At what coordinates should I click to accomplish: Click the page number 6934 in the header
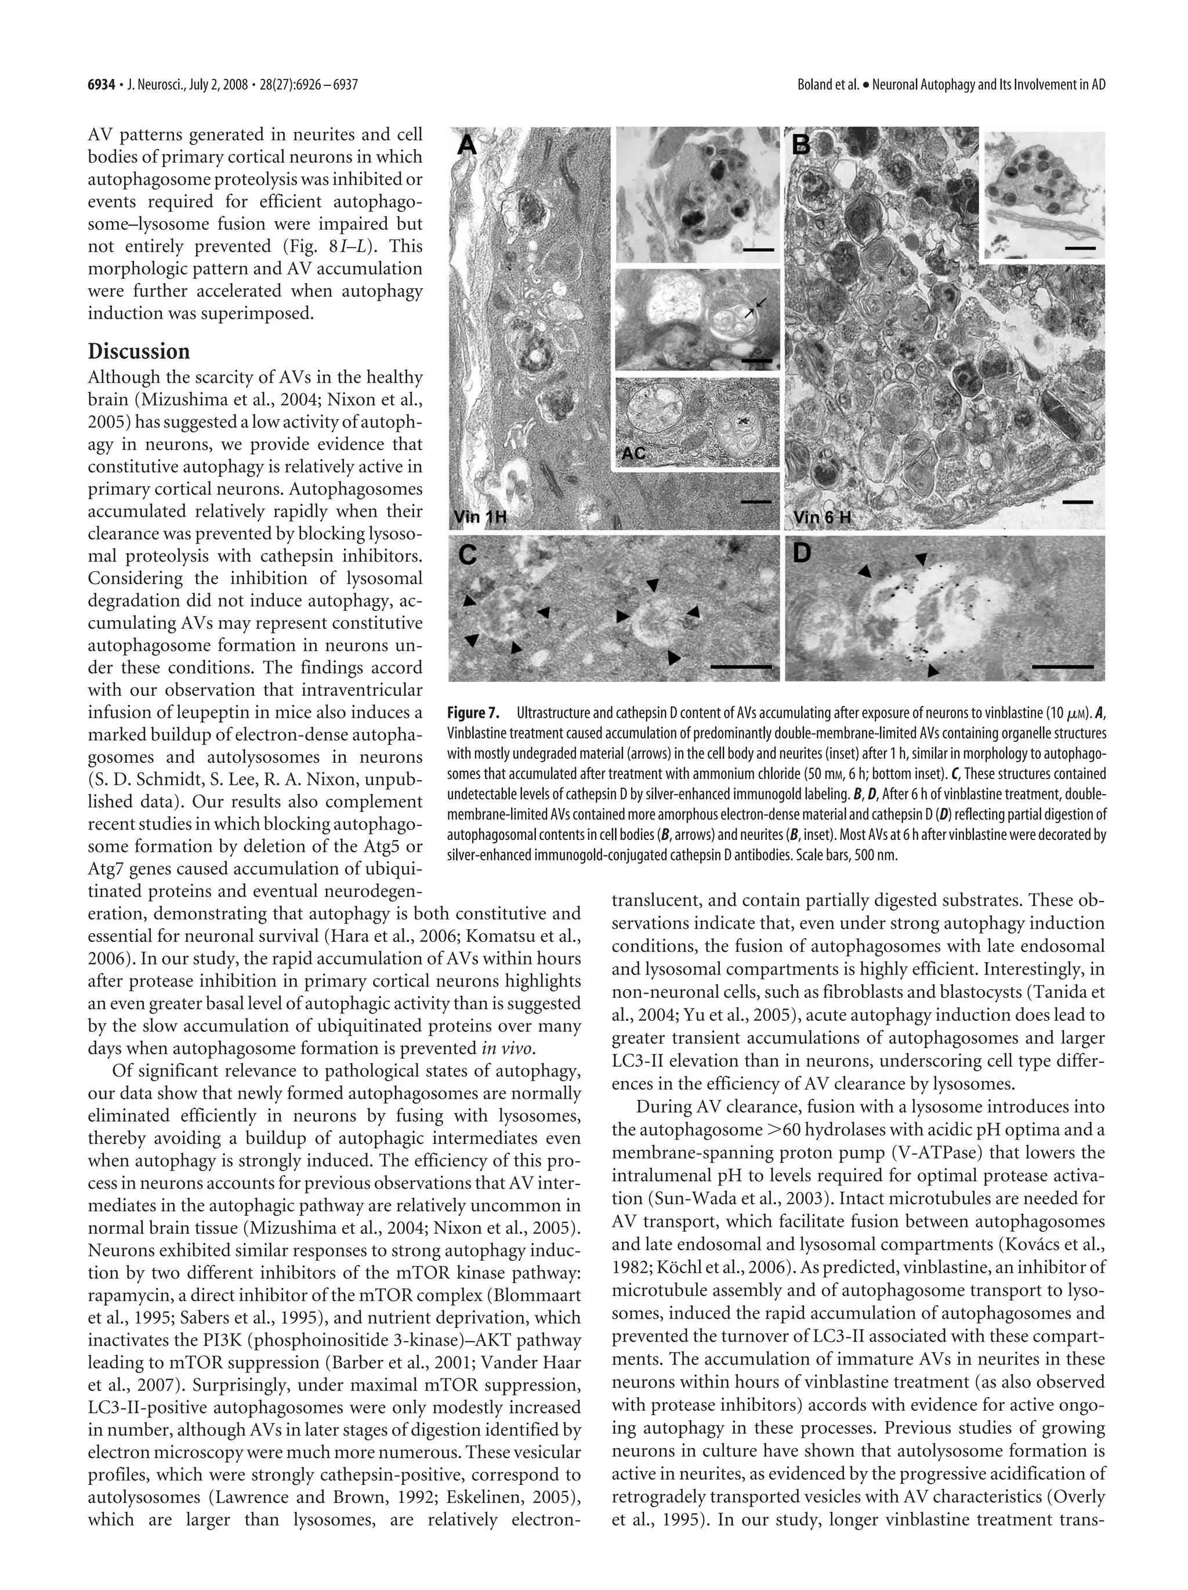point(102,85)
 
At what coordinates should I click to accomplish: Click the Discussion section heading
point(139,352)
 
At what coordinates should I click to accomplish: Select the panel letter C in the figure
point(469,555)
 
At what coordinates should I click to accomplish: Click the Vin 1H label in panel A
point(479,517)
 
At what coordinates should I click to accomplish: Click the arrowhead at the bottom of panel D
point(933,670)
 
